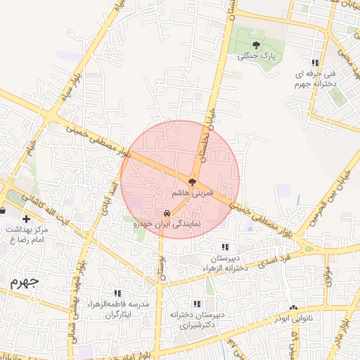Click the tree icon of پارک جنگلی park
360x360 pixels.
255,46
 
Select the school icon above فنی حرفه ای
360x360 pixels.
325,63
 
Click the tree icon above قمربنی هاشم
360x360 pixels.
193,182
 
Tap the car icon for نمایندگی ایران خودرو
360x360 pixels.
166,213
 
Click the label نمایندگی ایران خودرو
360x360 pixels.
167,224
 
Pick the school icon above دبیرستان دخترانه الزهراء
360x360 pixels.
225,247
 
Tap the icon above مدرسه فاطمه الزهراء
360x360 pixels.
117,293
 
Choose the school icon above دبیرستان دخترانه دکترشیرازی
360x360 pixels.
197,304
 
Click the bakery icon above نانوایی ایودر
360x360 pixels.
293,308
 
